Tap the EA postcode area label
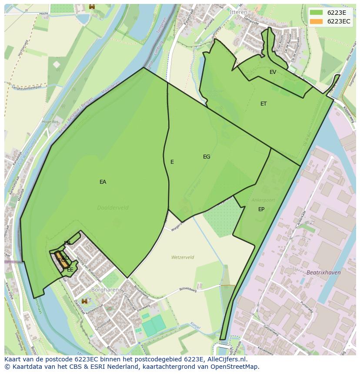point(103,182)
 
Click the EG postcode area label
point(207,157)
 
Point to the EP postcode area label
point(261,209)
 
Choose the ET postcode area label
point(263,104)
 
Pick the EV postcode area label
point(273,72)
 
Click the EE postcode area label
point(70,270)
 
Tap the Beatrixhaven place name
point(323,272)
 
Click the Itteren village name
point(238,12)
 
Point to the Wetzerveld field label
point(183,257)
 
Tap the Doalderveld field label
point(113,208)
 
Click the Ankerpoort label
point(263,200)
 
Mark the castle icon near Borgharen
point(84,301)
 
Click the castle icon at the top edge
point(92,6)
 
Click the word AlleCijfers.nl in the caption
point(226,359)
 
